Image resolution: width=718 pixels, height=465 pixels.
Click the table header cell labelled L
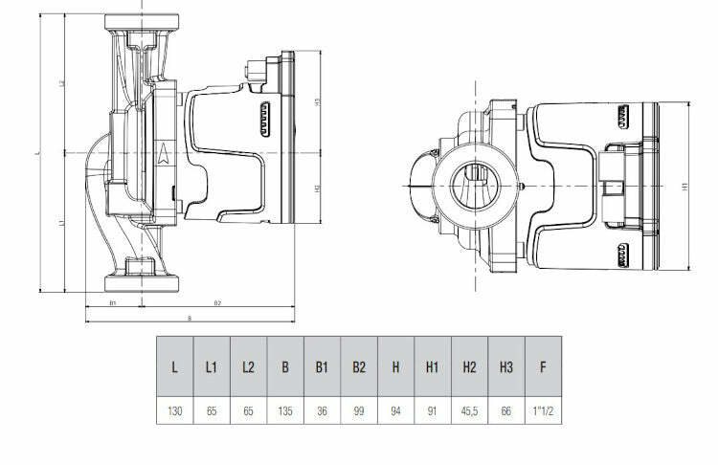pos(174,366)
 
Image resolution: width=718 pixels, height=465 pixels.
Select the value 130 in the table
pos(174,413)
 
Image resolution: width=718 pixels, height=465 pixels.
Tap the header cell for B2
pos(360,366)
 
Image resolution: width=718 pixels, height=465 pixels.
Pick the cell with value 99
pos(360,413)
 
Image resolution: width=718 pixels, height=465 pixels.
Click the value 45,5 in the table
pos(470,413)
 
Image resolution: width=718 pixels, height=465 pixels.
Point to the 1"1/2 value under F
pos(544,413)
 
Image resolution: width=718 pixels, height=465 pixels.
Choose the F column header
pos(544,366)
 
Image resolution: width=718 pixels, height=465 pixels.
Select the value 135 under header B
pos(285,413)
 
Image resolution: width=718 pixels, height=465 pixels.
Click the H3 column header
pos(506,366)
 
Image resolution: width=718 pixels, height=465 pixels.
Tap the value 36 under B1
pos(323,413)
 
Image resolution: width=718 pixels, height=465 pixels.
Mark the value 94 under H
pos(396,413)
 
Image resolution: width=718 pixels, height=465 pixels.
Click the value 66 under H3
pos(506,413)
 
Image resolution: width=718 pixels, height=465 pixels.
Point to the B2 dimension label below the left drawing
pos(217,303)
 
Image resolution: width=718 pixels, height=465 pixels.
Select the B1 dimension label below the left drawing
pos(112,303)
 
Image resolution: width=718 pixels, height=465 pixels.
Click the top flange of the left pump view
pos(141,21)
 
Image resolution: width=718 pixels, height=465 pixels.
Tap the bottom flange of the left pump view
pos(141,283)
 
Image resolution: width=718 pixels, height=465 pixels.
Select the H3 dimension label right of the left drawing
pos(317,101)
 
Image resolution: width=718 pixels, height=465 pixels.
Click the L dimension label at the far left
pos(37,152)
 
